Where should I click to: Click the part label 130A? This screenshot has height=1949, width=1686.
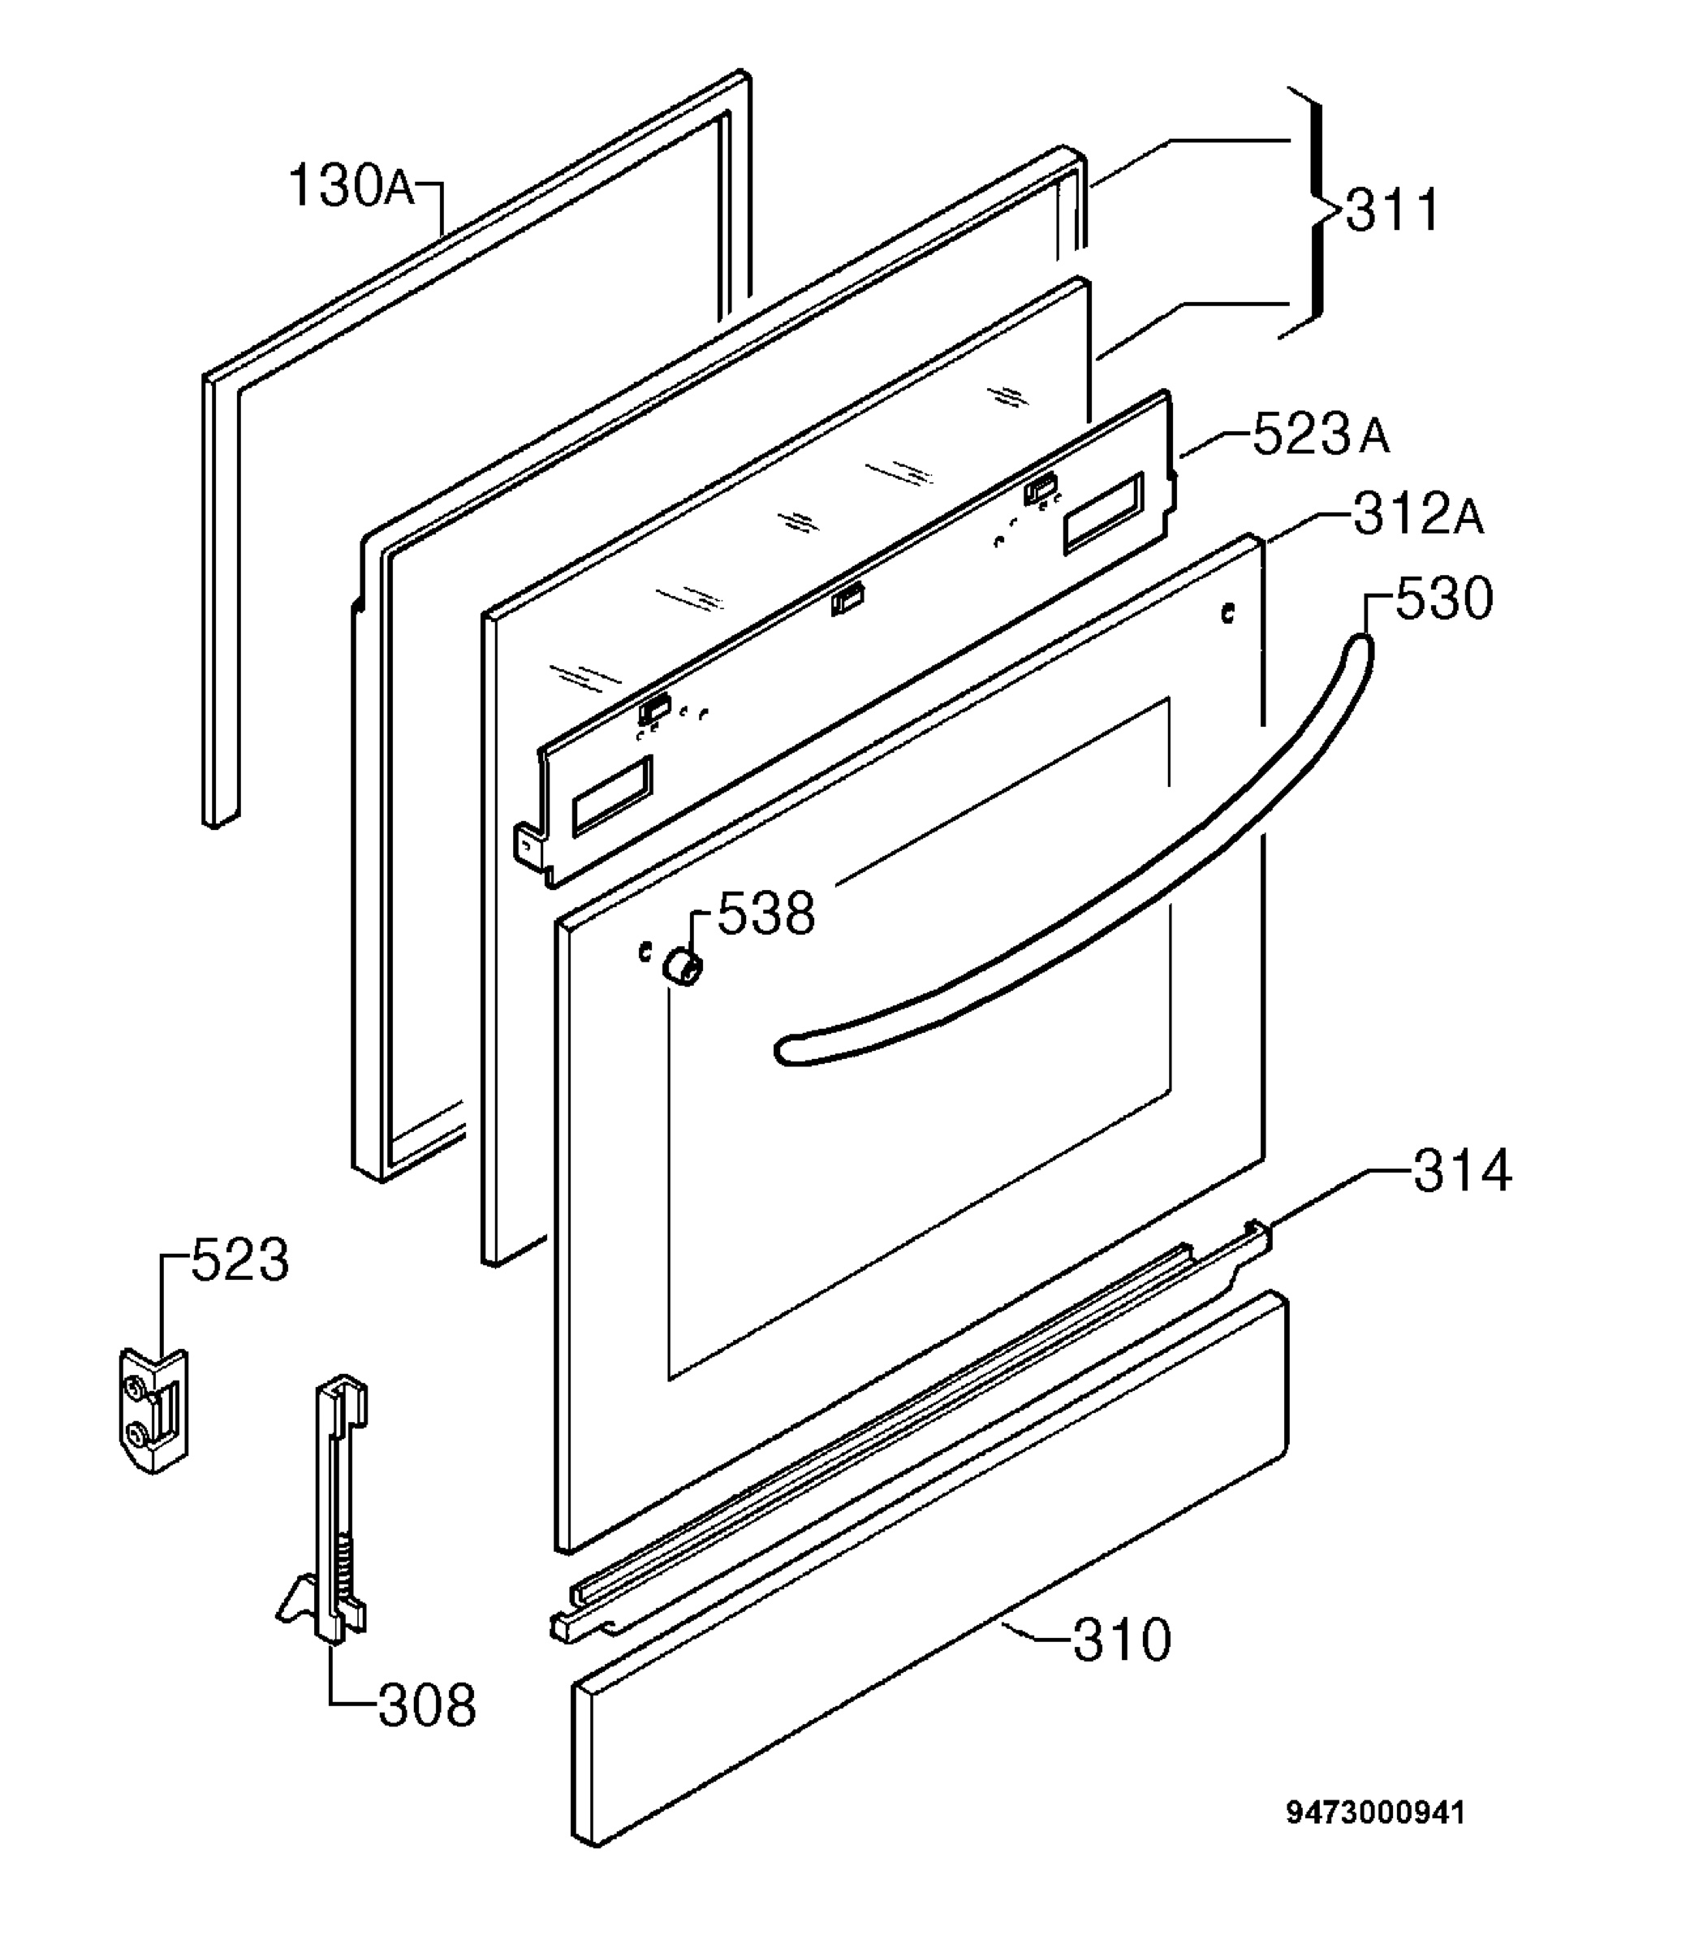coord(351,185)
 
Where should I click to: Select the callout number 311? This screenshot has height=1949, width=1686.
coord(1392,210)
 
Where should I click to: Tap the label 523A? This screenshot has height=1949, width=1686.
coord(1321,434)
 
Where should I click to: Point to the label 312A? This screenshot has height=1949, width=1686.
coord(1419,515)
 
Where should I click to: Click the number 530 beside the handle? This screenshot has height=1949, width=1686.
coord(1443,599)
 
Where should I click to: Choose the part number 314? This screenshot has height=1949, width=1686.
coord(1462,1171)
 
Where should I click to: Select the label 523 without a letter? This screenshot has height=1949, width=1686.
coord(240,1260)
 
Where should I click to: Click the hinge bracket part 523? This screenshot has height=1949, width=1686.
coord(153,1410)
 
